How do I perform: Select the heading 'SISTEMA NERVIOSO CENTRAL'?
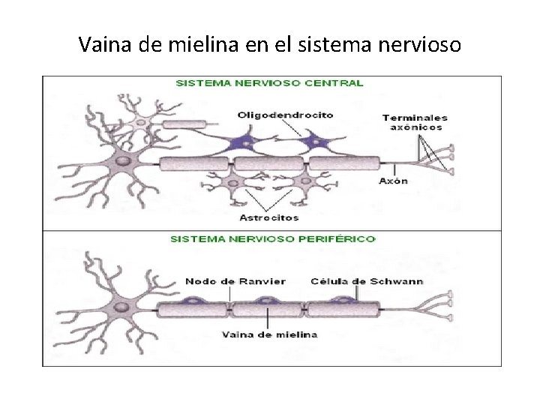click(x=269, y=83)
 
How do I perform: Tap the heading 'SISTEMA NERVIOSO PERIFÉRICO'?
click(x=273, y=239)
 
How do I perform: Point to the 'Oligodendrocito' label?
click(x=285, y=115)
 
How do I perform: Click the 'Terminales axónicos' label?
click(x=415, y=122)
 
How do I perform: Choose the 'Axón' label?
click(x=393, y=181)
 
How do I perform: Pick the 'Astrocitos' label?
click(x=268, y=217)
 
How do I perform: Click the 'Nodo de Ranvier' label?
click(x=235, y=281)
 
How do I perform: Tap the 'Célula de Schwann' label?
click(x=367, y=281)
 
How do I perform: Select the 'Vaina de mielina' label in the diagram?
click(x=269, y=334)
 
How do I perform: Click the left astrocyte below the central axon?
click(x=234, y=182)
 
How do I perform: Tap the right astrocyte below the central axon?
click(x=304, y=181)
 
